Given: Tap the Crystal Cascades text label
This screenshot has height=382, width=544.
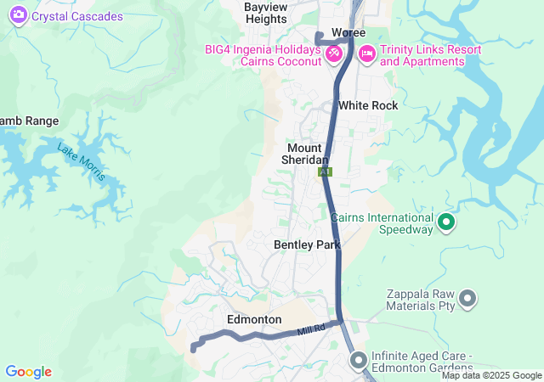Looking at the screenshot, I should pyautogui.click(x=77, y=16).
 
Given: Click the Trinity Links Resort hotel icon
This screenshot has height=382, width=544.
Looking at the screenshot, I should pyautogui.click(x=367, y=54).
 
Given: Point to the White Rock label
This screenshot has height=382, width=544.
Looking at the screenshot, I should pyautogui.click(x=367, y=105).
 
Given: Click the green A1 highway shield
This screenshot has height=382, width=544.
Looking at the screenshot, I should pyautogui.click(x=325, y=171).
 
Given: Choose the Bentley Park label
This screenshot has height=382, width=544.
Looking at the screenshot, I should pyautogui.click(x=307, y=244).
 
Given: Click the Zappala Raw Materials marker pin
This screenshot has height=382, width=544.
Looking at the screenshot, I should pyautogui.click(x=467, y=298).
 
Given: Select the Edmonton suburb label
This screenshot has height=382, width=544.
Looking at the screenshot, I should pyautogui.click(x=254, y=319).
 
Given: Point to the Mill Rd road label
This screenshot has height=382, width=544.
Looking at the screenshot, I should pyautogui.click(x=312, y=329).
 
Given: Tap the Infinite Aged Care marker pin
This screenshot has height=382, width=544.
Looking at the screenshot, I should pyautogui.click(x=357, y=360).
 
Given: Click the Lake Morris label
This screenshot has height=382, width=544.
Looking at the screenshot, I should pyautogui.click(x=82, y=161).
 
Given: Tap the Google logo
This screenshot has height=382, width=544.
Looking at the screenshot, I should pyautogui.click(x=28, y=372).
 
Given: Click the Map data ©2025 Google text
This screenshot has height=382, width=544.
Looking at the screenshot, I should pyautogui.click(x=490, y=375).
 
